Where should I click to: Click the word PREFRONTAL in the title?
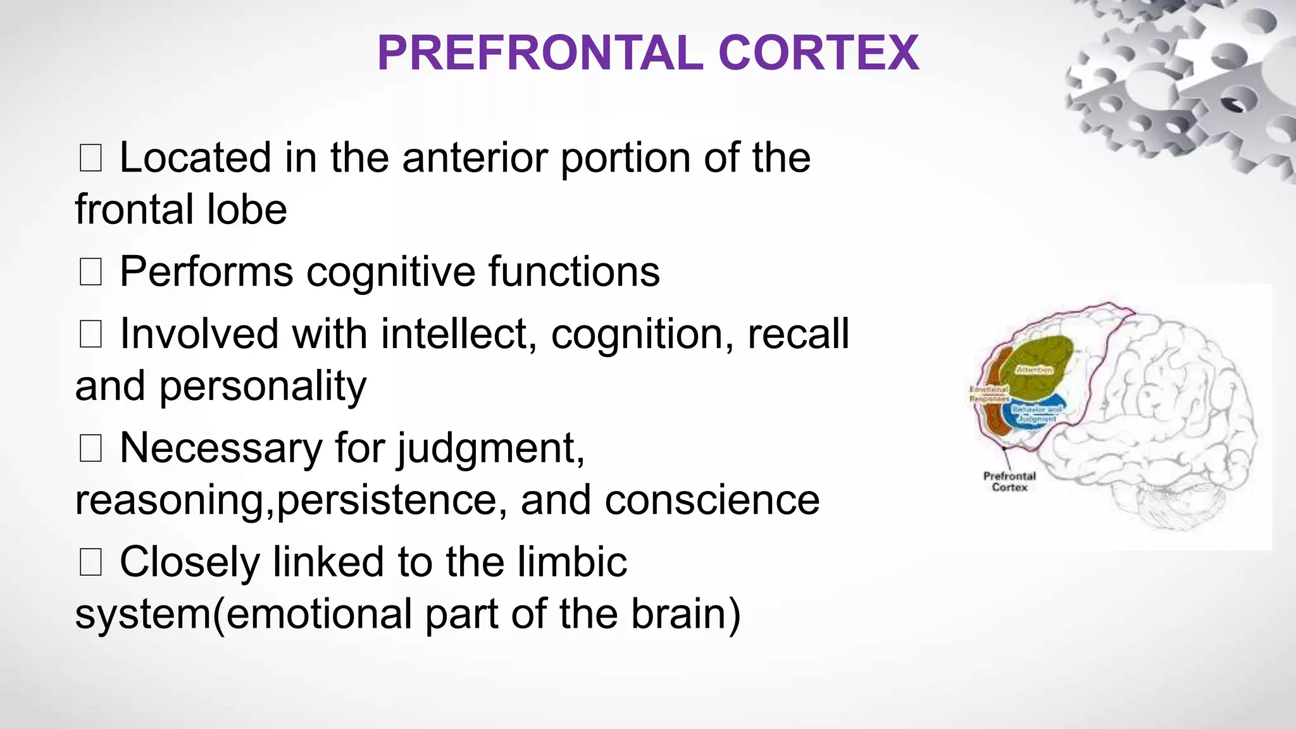[x=540, y=53]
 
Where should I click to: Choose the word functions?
[x=573, y=272]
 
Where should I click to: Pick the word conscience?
[x=712, y=501]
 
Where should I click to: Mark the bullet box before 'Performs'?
[x=90, y=273]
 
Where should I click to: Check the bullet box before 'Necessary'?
[x=90, y=449]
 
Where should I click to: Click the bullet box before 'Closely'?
[x=90, y=563]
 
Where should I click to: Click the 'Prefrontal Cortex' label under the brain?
[x=1009, y=482]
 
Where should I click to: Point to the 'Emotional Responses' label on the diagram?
[x=988, y=394]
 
